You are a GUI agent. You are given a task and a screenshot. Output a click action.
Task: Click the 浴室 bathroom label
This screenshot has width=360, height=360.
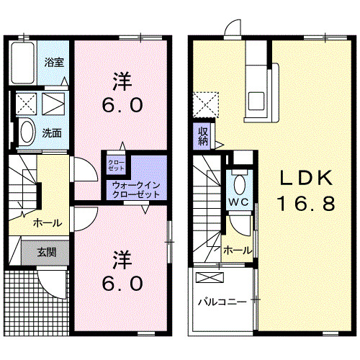tap(55, 62)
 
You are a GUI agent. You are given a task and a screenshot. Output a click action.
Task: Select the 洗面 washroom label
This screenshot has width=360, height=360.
tap(50, 133)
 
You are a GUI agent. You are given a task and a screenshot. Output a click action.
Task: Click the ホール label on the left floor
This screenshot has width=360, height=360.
tap(47, 222)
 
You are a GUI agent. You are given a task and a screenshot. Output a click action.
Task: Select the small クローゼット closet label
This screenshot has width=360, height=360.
tap(117, 165)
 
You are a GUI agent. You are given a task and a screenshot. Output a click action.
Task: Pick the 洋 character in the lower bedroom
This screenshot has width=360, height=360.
tap(120, 257)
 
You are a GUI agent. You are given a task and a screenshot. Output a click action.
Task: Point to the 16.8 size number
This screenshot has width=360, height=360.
tap(307, 204)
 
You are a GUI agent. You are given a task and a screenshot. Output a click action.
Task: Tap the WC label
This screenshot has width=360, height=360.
tap(238, 201)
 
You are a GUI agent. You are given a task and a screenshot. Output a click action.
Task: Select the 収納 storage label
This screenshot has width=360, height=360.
tap(204, 135)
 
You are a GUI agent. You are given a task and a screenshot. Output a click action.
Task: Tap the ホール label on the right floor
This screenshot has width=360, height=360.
tap(237, 250)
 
